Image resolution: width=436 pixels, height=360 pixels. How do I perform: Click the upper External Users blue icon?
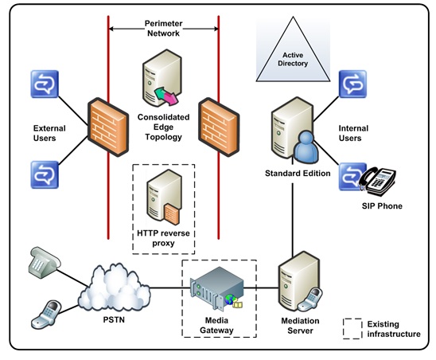click(42, 83)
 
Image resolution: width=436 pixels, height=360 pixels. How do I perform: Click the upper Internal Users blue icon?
click(351, 83)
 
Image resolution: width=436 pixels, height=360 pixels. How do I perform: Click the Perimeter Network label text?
click(163, 29)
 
